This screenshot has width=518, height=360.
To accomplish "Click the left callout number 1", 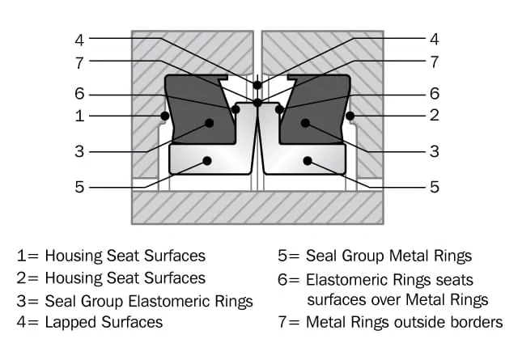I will coord(79,116).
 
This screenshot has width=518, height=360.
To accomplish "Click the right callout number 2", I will coord(435,116).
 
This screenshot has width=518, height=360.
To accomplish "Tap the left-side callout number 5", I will coord(79,187).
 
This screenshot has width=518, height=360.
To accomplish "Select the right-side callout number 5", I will coord(435,187).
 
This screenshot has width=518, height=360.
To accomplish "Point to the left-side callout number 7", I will coord(79,61).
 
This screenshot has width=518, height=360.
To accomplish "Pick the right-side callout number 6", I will coord(435,94).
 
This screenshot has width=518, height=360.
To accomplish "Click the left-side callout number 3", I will coord(79,151).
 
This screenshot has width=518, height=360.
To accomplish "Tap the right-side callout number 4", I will coord(435,38).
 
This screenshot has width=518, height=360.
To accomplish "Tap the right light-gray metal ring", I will coord(312,160).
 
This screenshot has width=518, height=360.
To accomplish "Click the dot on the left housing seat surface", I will coord(164,116).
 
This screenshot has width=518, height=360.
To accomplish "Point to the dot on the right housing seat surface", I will coord(350,116).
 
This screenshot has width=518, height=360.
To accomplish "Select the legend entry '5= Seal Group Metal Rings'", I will coord(375,256).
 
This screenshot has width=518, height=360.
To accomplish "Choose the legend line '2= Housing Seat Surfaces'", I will coord(111,278).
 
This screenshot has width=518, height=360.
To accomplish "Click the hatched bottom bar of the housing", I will coord(257,208).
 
